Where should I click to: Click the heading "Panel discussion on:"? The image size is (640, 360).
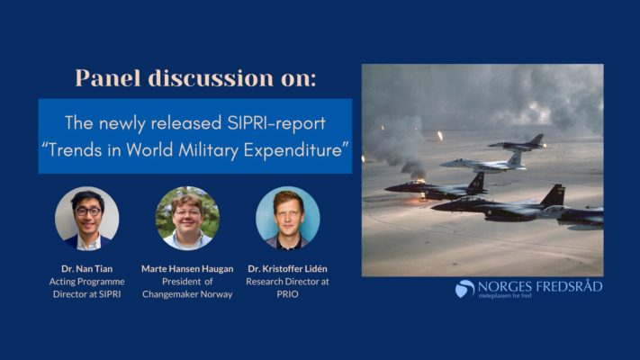coord(195,77)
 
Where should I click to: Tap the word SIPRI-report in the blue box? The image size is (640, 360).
coord(276,123)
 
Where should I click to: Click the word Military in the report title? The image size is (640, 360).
coord(208,150)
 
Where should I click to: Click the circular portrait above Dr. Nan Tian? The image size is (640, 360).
coord(87,219)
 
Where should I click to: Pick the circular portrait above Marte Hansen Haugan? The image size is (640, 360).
coord(187,219)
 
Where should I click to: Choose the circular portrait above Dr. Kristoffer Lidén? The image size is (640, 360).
coord(288,219)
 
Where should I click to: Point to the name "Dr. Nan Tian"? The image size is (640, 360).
coord(87,268)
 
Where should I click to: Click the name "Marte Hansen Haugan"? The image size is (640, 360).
coord(187,268)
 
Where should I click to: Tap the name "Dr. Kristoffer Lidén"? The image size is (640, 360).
coord(287,268)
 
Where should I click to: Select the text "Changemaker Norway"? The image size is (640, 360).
coord(187,294)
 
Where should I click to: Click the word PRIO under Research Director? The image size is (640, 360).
coord(287,294)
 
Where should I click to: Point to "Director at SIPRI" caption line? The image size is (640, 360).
coord(87,294)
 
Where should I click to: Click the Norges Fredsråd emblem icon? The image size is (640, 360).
coord(464,288)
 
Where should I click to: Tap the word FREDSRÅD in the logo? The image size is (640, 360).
coord(570,286)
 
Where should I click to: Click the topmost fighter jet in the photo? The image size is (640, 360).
coord(518,143)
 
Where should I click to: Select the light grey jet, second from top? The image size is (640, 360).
coord(483,162)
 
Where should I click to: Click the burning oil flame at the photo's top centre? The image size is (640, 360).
coord(440,136)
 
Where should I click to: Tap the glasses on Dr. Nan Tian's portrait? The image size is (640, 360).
coord(88,211)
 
